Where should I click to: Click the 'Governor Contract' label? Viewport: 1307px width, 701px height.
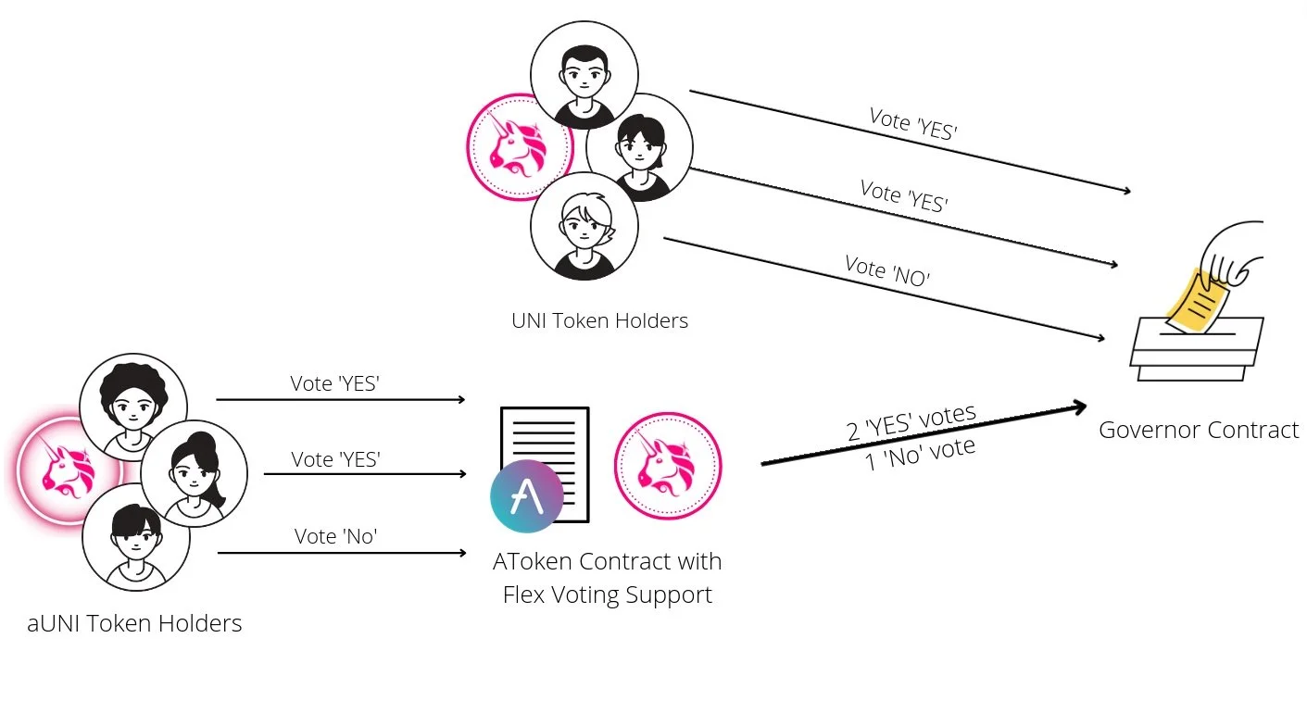1199,430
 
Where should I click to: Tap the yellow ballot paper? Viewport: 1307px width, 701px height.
1198,300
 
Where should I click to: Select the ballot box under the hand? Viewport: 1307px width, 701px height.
1197,349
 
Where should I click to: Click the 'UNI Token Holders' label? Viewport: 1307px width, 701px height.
599,321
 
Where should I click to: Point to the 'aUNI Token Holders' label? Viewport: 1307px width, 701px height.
134,623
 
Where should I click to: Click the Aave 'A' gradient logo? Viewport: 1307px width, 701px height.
527,495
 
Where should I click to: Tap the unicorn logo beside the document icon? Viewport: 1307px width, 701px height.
668,467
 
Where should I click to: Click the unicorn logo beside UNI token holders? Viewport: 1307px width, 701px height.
518,147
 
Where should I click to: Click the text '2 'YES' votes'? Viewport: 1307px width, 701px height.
911,422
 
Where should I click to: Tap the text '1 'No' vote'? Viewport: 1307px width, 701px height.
920,453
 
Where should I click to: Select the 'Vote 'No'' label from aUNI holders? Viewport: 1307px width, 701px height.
335,536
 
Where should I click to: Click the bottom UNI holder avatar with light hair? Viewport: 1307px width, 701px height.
584,225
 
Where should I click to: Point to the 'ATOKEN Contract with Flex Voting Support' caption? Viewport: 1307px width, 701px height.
607,578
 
